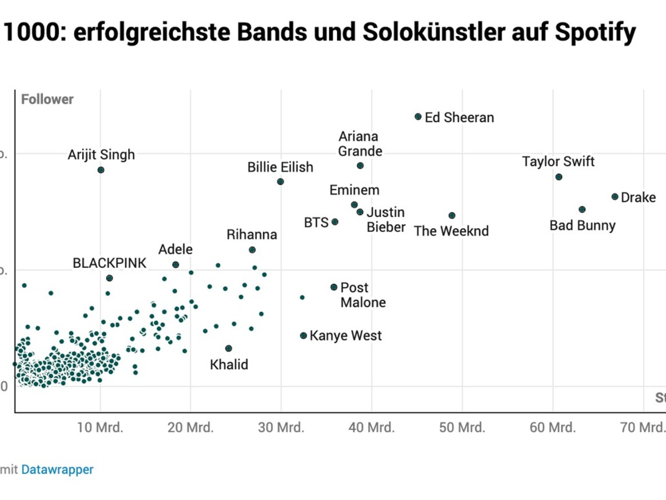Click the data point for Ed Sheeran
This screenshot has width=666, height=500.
click(x=418, y=117)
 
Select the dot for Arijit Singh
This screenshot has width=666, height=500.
click(x=101, y=170)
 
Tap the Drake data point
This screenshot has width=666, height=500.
click(x=615, y=197)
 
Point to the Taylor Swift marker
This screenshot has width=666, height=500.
click(x=559, y=177)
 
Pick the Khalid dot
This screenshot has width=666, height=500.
click(x=229, y=348)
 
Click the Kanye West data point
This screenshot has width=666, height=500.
click(x=304, y=336)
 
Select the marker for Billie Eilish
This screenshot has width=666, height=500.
click(x=281, y=182)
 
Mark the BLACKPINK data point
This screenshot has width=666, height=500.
click(x=109, y=278)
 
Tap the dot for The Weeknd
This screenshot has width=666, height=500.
click(x=452, y=216)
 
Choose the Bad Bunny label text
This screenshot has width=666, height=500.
click(x=582, y=226)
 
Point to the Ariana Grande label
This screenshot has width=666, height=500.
click(x=360, y=144)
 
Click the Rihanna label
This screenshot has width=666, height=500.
click(x=252, y=235)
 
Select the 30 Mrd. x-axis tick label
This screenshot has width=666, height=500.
click(x=281, y=428)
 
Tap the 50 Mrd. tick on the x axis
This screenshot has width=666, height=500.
click(x=462, y=428)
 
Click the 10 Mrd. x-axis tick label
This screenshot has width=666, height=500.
click(x=100, y=428)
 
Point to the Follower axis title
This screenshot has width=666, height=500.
click(x=47, y=99)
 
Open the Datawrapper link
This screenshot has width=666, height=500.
click(x=58, y=469)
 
